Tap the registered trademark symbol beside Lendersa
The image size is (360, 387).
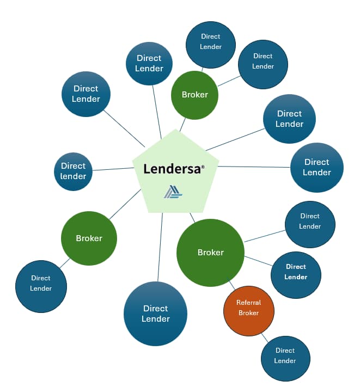(x=203, y=167)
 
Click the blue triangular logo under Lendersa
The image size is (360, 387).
(x=173, y=192)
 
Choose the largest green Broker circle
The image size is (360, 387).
(x=210, y=252)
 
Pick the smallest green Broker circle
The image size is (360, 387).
(x=194, y=95)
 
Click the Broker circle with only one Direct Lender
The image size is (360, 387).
(x=89, y=238)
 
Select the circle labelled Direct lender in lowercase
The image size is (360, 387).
(x=74, y=171)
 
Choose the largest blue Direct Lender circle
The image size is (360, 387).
(x=156, y=314)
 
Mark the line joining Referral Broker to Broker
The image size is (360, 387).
(x=233, y=285)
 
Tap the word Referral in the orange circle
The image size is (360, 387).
(x=248, y=303)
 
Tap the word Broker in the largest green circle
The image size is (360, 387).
(x=210, y=253)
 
